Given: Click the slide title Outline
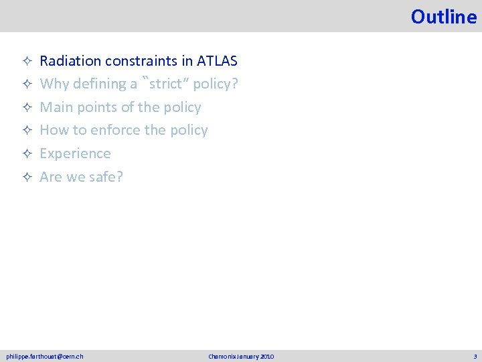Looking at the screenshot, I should (x=443, y=16).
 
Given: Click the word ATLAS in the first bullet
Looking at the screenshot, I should (x=218, y=61).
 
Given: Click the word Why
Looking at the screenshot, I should (x=54, y=84).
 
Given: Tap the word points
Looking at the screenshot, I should (x=96, y=107).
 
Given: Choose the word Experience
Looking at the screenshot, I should (x=75, y=154).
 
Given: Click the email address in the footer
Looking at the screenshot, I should (x=45, y=356).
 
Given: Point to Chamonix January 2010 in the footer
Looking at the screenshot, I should (x=241, y=356).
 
